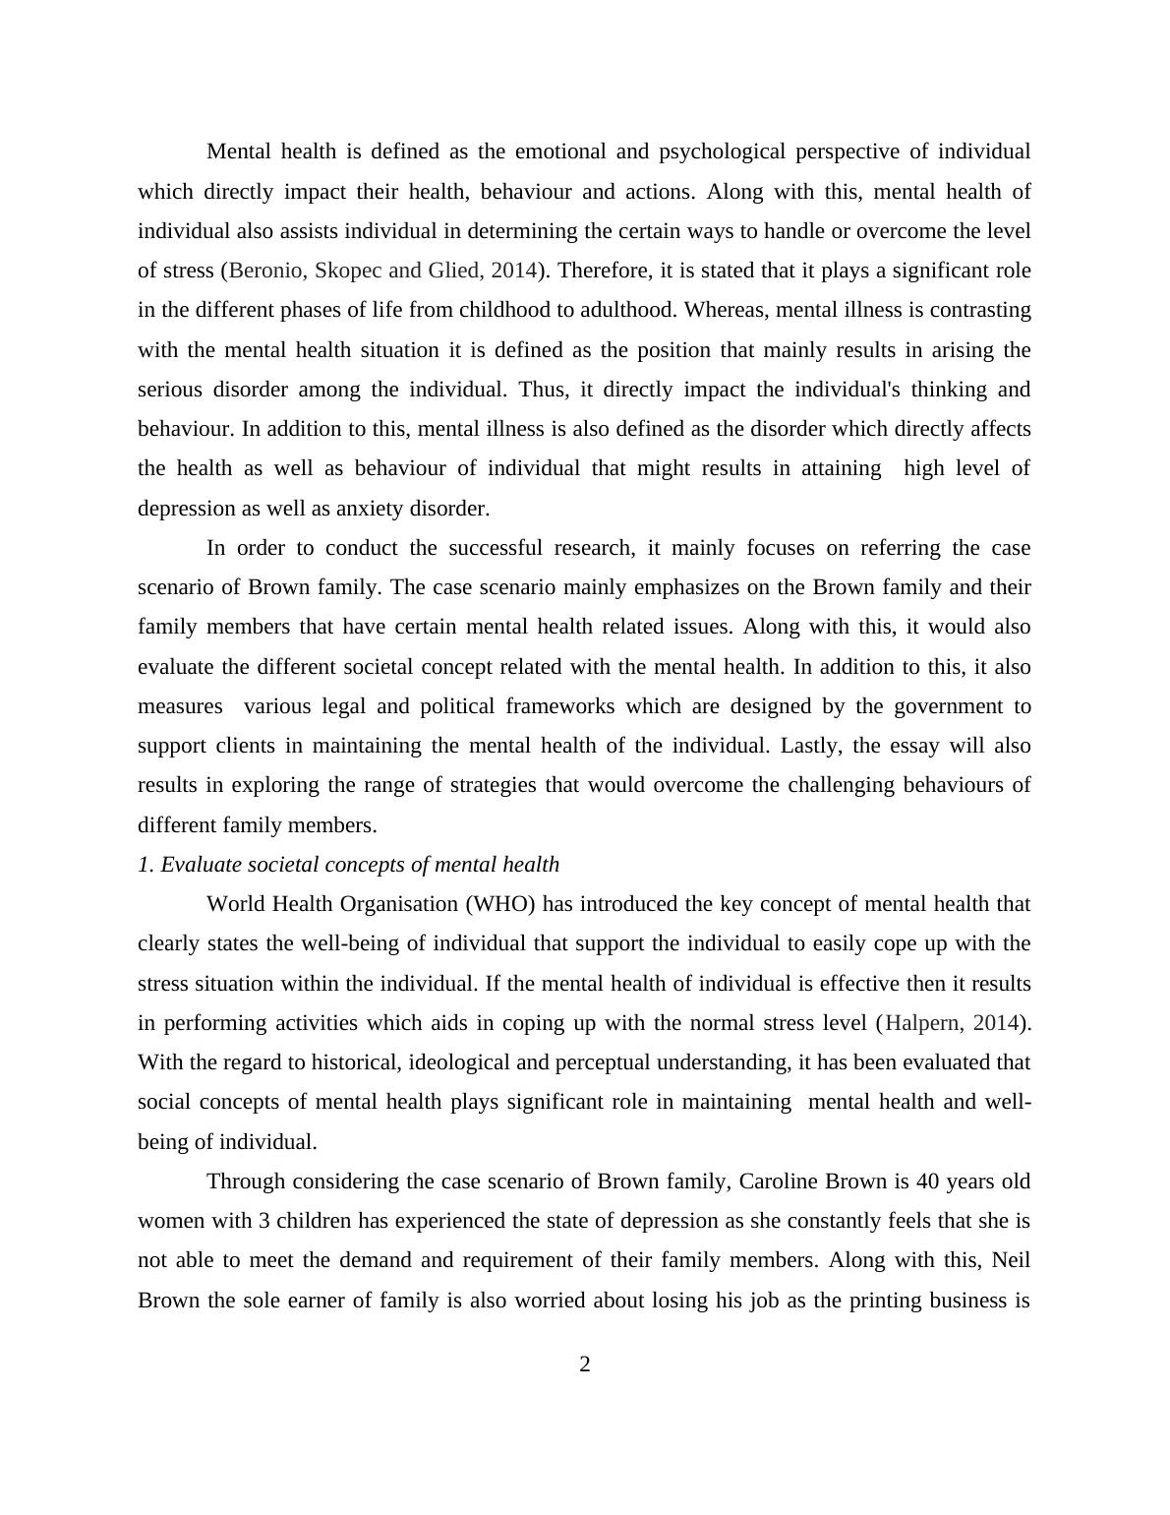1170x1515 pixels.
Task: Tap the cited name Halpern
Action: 924,1023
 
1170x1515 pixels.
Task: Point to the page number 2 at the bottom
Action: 585,1364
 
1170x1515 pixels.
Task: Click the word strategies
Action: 494,785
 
